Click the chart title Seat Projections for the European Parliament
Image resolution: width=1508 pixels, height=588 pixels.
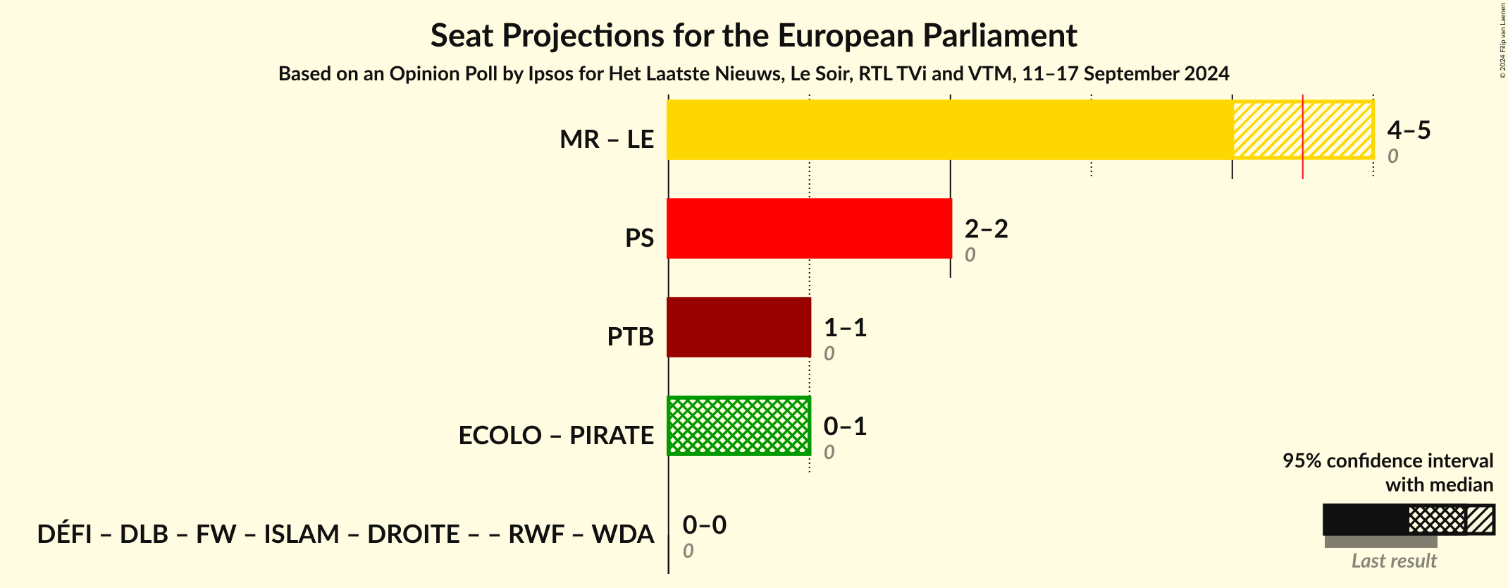coord(753,35)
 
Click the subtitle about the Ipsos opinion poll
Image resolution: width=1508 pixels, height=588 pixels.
coord(753,73)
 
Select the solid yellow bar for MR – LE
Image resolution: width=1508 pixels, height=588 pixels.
coord(949,130)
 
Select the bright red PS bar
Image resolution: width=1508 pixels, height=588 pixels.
coord(809,228)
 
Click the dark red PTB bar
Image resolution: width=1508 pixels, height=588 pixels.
coord(738,327)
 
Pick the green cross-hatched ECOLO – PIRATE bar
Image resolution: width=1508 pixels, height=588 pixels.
coord(738,426)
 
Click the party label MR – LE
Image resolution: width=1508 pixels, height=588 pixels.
coord(607,140)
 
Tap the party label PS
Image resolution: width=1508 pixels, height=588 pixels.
coord(639,238)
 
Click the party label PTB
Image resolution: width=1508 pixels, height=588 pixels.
coord(630,337)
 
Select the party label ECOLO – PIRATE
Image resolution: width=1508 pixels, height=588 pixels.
coord(556,436)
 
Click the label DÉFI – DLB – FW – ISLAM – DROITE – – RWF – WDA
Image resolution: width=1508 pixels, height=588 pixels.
coord(345,534)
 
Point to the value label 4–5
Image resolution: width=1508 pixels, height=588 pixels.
coord(1409,130)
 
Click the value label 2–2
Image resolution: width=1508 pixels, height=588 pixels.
coord(986,228)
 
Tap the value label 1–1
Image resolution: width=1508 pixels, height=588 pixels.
coord(845,327)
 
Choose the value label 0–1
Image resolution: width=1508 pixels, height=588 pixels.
coord(845,426)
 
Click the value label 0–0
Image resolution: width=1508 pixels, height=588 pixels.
coord(704,525)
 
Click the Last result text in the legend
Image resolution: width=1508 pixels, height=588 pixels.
coord(1393,561)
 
